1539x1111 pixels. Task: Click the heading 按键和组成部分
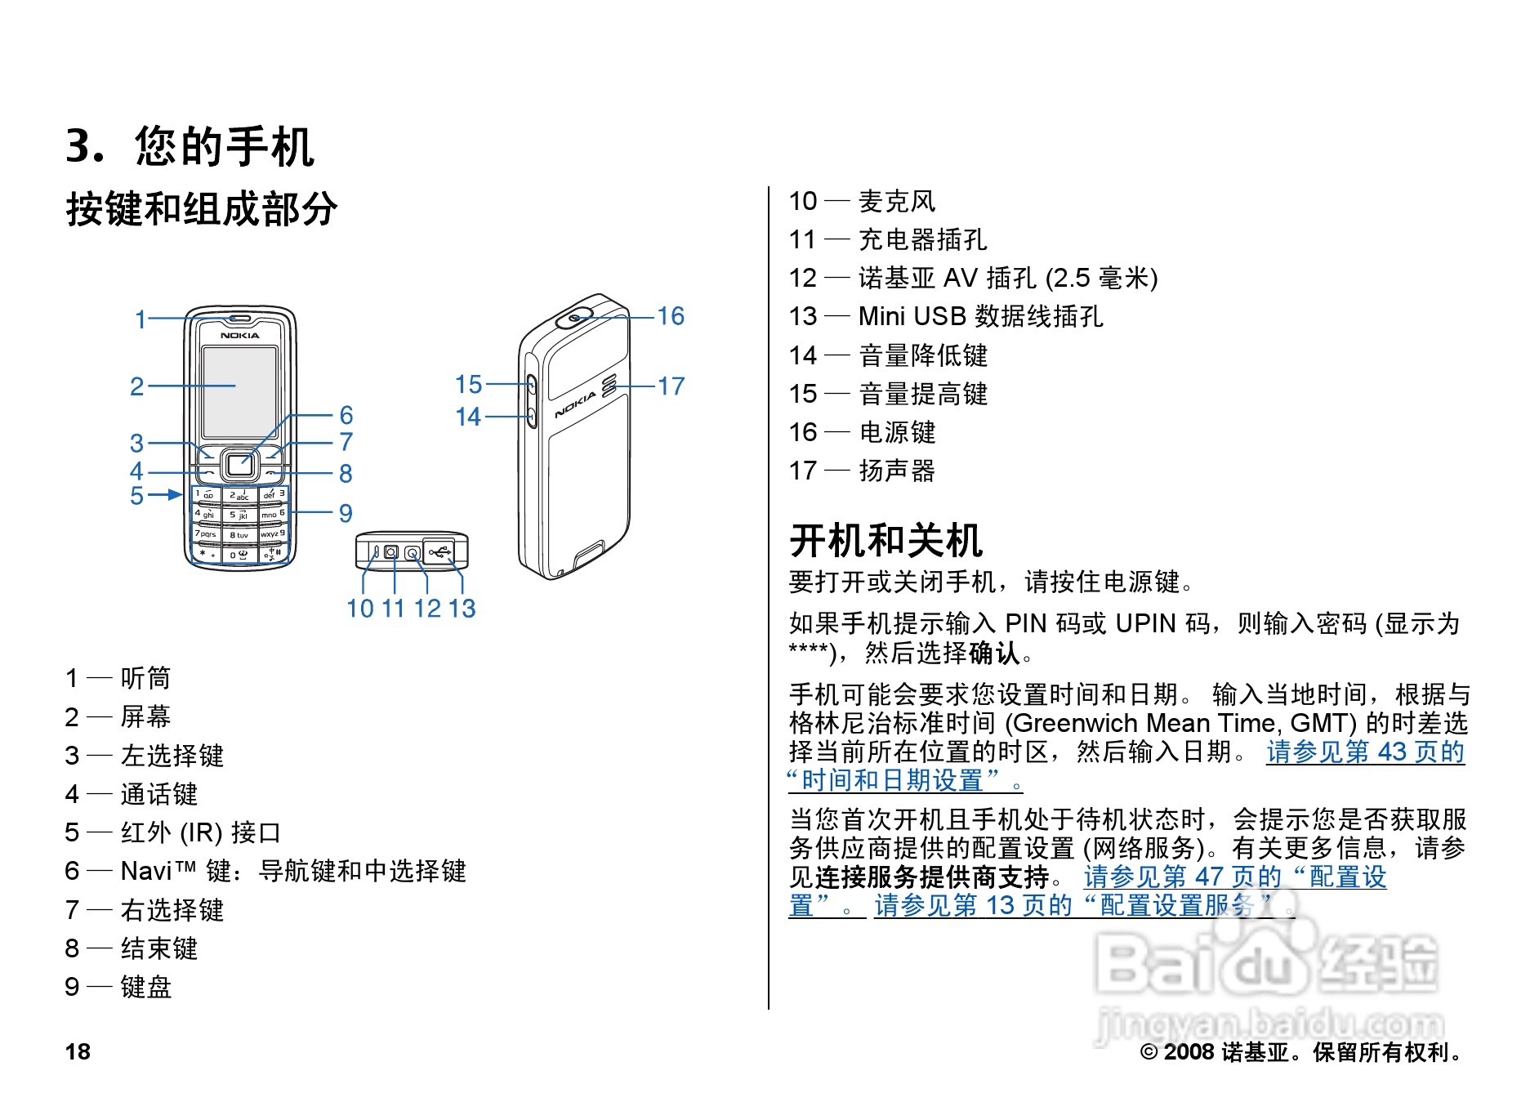pyautogui.click(x=201, y=209)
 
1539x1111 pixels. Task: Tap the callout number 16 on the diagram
pyautogui.click(x=671, y=316)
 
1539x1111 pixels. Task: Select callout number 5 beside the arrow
pyautogui.click(x=136, y=496)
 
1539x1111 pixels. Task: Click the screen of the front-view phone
pyautogui.click(x=239, y=391)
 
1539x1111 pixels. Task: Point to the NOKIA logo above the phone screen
pyautogui.click(x=239, y=336)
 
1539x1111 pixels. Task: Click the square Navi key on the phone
pyautogui.click(x=239, y=465)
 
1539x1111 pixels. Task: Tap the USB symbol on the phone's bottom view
pyautogui.click(x=440, y=553)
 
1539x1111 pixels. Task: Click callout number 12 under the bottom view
pyautogui.click(x=427, y=609)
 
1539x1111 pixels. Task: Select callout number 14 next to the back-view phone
pyautogui.click(x=468, y=417)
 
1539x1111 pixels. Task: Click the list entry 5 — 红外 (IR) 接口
pyautogui.click(x=172, y=832)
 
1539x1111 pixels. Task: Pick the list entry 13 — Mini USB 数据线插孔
pyautogui.click(x=945, y=316)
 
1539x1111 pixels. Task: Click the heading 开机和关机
pyautogui.click(x=885, y=541)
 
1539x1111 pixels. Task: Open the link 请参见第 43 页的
pyautogui.click(x=1365, y=752)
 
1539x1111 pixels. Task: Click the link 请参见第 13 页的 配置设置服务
pyautogui.click(x=1083, y=905)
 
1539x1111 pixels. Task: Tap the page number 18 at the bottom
pyautogui.click(x=78, y=1051)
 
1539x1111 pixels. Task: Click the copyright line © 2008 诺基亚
pyautogui.click(x=1300, y=1052)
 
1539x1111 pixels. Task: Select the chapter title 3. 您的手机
pyautogui.click(x=190, y=147)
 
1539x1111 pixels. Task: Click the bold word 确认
pyautogui.click(x=994, y=653)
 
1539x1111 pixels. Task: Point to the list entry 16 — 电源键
pyautogui.click(x=862, y=432)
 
